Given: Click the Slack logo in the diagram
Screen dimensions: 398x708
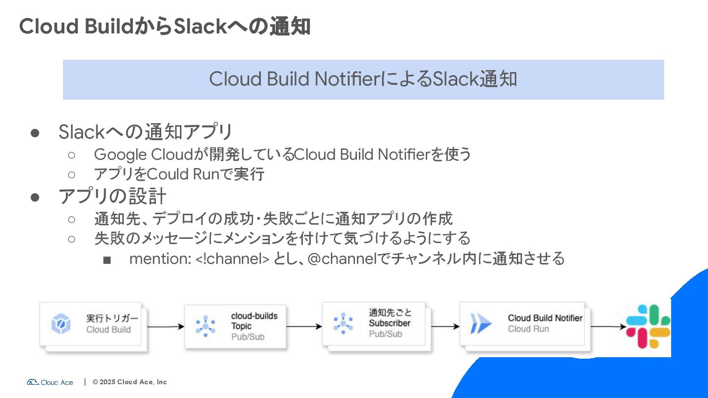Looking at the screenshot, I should click(x=648, y=326).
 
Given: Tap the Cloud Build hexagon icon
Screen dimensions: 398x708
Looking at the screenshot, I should click(x=61, y=324).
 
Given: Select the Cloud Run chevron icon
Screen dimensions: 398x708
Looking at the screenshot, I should click(x=480, y=324).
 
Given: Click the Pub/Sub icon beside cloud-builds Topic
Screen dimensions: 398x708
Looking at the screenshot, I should click(x=206, y=325).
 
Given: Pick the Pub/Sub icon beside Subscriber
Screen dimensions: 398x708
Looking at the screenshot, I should click(x=343, y=323).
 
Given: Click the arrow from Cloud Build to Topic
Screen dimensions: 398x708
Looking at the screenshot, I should click(x=165, y=326).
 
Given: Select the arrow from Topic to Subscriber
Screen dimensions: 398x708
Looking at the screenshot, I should click(x=304, y=326).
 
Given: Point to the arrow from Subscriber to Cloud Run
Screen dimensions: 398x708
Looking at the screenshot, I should click(x=445, y=326).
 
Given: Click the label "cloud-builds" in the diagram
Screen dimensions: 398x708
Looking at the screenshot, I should click(x=254, y=316).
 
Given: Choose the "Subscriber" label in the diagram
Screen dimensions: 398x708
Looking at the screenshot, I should click(x=389, y=323).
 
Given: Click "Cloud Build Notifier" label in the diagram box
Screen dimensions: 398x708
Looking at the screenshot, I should click(x=545, y=318).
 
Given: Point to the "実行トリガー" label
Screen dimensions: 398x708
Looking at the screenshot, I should click(x=113, y=318).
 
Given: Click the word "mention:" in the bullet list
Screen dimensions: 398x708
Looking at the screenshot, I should click(x=160, y=258).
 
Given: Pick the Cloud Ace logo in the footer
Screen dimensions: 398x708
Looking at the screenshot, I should click(x=50, y=382).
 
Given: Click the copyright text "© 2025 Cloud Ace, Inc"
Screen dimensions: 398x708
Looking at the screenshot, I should click(x=130, y=382).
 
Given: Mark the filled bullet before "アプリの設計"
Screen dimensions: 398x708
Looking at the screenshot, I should click(x=35, y=197).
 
